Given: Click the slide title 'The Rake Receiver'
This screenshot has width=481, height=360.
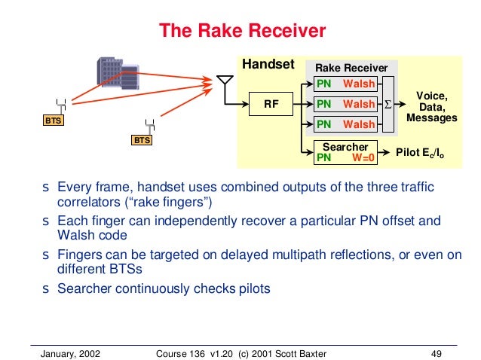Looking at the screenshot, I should (x=241, y=31).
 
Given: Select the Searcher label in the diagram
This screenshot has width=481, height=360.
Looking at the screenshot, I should (x=344, y=147).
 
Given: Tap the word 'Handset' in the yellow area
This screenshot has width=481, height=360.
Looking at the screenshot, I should (x=268, y=65).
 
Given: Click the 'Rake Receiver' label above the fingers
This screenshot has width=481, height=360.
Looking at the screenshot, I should (x=351, y=68).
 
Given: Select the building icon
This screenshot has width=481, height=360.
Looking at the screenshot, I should (x=115, y=71).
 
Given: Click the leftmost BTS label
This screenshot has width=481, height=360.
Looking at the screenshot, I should (x=52, y=120).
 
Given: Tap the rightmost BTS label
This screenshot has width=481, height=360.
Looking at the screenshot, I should (x=142, y=140).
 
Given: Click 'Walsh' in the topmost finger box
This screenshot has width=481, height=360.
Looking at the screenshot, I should (x=359, y=83).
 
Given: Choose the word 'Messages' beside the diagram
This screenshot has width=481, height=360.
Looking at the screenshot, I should (x=431, y=118).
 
